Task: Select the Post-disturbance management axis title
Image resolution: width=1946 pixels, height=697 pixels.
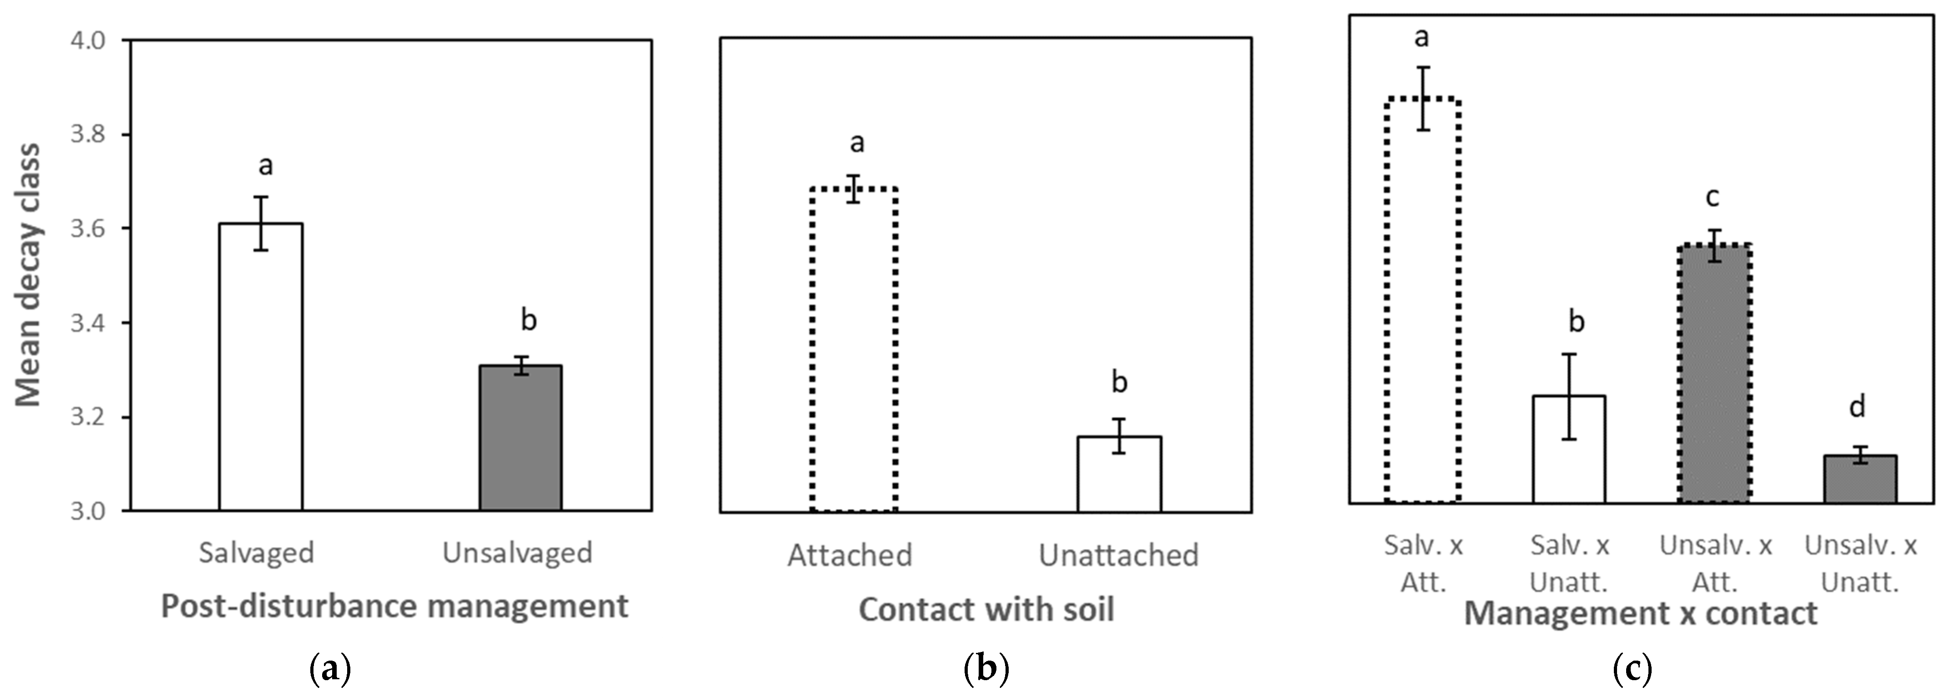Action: point(394,606)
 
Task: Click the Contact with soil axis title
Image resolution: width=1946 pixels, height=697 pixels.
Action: point(986,609)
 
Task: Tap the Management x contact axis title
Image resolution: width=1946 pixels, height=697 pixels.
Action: point(1640,613)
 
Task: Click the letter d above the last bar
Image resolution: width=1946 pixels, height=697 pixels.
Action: point(1857,407)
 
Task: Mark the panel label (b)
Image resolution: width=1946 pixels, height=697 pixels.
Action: point(986,669)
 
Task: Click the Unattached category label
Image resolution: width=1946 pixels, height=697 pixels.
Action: point(1118,555)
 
